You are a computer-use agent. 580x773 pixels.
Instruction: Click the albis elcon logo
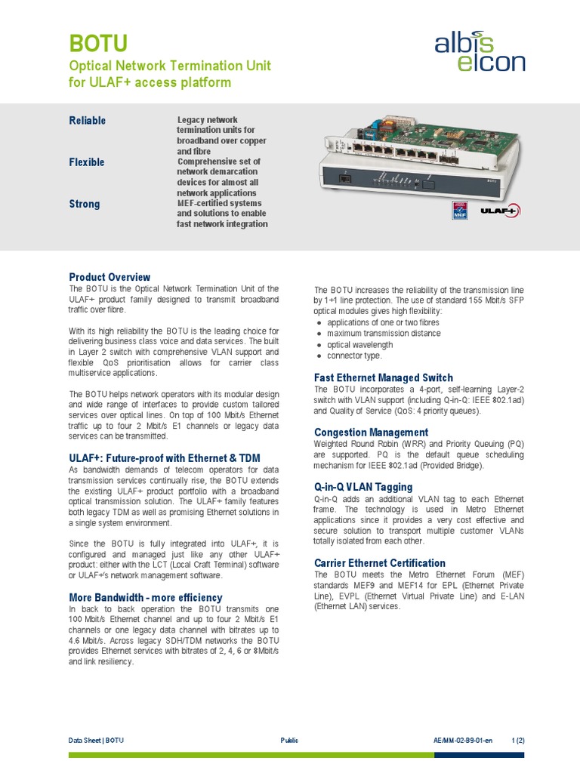click(480, 51)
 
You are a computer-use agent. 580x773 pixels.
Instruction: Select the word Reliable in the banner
click(88, 121)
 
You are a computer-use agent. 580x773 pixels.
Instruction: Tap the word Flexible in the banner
click(87, 162)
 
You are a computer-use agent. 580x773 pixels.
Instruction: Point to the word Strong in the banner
click(84, 204)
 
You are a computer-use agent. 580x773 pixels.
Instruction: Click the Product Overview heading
click(110, 277)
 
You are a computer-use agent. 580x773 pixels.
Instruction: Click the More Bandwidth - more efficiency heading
click(146, 597)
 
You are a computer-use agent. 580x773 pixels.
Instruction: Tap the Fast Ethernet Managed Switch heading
click(383, 377)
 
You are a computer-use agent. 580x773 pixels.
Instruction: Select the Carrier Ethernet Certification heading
click(379, 563)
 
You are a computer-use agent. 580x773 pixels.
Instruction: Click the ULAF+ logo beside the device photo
click(499, 211)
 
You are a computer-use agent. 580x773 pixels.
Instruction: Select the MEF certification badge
click(459, 211)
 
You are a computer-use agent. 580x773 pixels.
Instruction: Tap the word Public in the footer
click(289, 741)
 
